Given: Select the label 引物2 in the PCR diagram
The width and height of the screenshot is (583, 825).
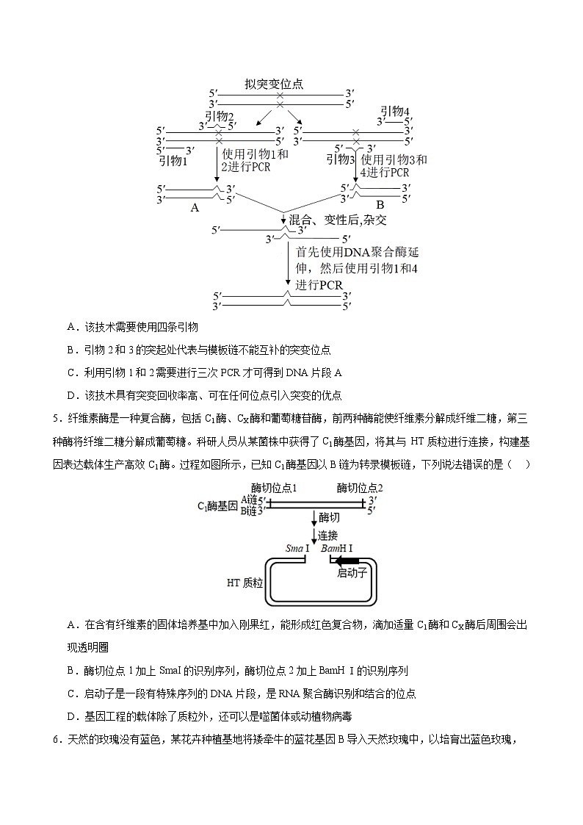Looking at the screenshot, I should (219, 116).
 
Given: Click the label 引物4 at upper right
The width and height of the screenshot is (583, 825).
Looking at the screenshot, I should (395, 111).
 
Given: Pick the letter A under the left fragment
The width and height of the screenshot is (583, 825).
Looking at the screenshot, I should (195, 208).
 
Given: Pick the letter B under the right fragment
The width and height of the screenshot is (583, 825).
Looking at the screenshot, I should (380, 205).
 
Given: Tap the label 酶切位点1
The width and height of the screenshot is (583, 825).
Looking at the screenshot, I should (274, 488).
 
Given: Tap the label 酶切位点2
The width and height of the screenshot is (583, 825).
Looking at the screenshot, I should (360, 488).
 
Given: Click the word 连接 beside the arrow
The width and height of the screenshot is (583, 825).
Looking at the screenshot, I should (327, 535).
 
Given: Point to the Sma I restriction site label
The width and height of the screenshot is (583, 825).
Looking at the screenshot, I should (298, 549).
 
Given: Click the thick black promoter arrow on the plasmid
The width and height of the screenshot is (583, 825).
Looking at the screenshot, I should (348, 561).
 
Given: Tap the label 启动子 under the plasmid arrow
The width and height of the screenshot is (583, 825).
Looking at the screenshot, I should (352, 573).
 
